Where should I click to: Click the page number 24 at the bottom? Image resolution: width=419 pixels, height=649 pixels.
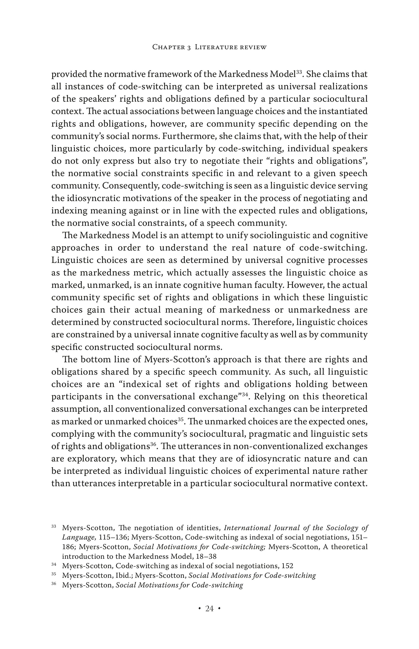point(209,608)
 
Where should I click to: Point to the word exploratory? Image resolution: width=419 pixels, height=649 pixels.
point(92,459)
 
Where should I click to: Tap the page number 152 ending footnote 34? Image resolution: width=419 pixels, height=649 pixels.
point(287,566)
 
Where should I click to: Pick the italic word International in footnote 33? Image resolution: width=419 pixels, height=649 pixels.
point(247,528)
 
